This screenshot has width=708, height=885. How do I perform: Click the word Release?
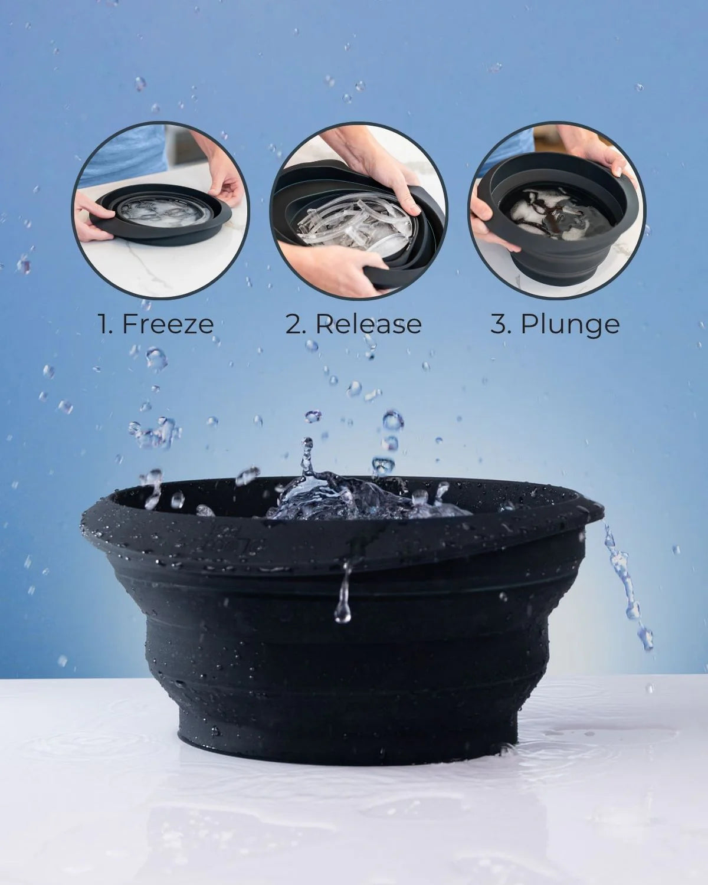pos(369,324)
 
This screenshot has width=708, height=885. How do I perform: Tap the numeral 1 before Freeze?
pos(104,324)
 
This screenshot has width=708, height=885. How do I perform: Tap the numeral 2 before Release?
pos(293,324)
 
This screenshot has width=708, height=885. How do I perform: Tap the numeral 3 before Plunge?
pos(499,324)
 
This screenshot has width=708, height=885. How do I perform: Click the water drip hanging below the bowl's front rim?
pos(343,602)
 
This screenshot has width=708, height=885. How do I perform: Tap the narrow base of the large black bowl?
pos(348,732)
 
